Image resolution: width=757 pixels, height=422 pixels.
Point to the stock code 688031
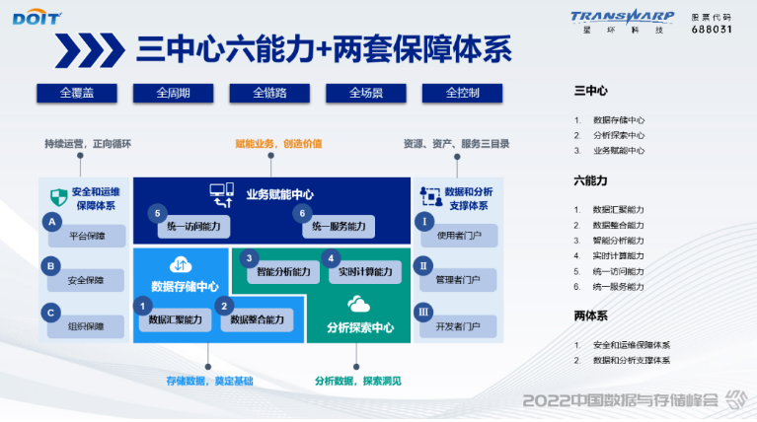pyautogui.click(x=711, y=30)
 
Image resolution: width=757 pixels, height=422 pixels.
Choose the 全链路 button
pyautogui.click(x=269, y=93)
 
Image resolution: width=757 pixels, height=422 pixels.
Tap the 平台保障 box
pyautogui.click(x=86, y=236)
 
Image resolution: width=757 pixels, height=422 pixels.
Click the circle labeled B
pyautogui.click(x=51, y=265)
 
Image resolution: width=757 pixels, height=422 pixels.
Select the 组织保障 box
pyautogui.click(x=86, y=326)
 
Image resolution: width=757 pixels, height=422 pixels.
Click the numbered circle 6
pyautogui.click(x=304, y=212)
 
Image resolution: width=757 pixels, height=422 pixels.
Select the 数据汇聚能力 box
pyautogui.click(x=174, y=319)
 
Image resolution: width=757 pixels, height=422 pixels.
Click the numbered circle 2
pyautogui.click(x=225, y=306)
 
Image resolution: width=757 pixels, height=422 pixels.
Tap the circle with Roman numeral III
pyautogui.click(x=423, y=312)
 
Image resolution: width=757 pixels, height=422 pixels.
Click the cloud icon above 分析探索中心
pyautogui.click(x=358, y=303)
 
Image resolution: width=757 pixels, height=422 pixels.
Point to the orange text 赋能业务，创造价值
pyautogui.click(x=278, y=144)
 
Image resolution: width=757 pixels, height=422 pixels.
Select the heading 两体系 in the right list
pyautogui.click(x=590, y=316)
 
